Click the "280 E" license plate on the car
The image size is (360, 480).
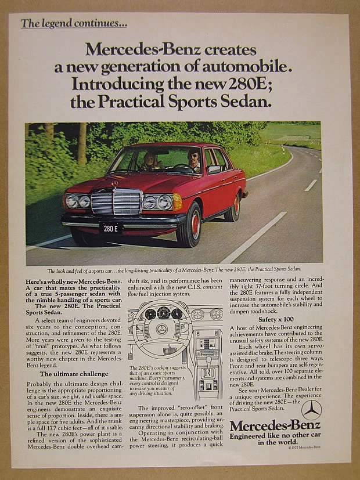coord(110,228)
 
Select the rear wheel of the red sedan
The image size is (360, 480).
coord(235,208)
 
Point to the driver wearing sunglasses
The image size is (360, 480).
coord(193,160)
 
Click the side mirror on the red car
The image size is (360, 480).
coord(214,169)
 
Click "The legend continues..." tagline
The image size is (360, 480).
coord(74,24)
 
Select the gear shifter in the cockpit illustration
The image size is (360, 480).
coord(207,371)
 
